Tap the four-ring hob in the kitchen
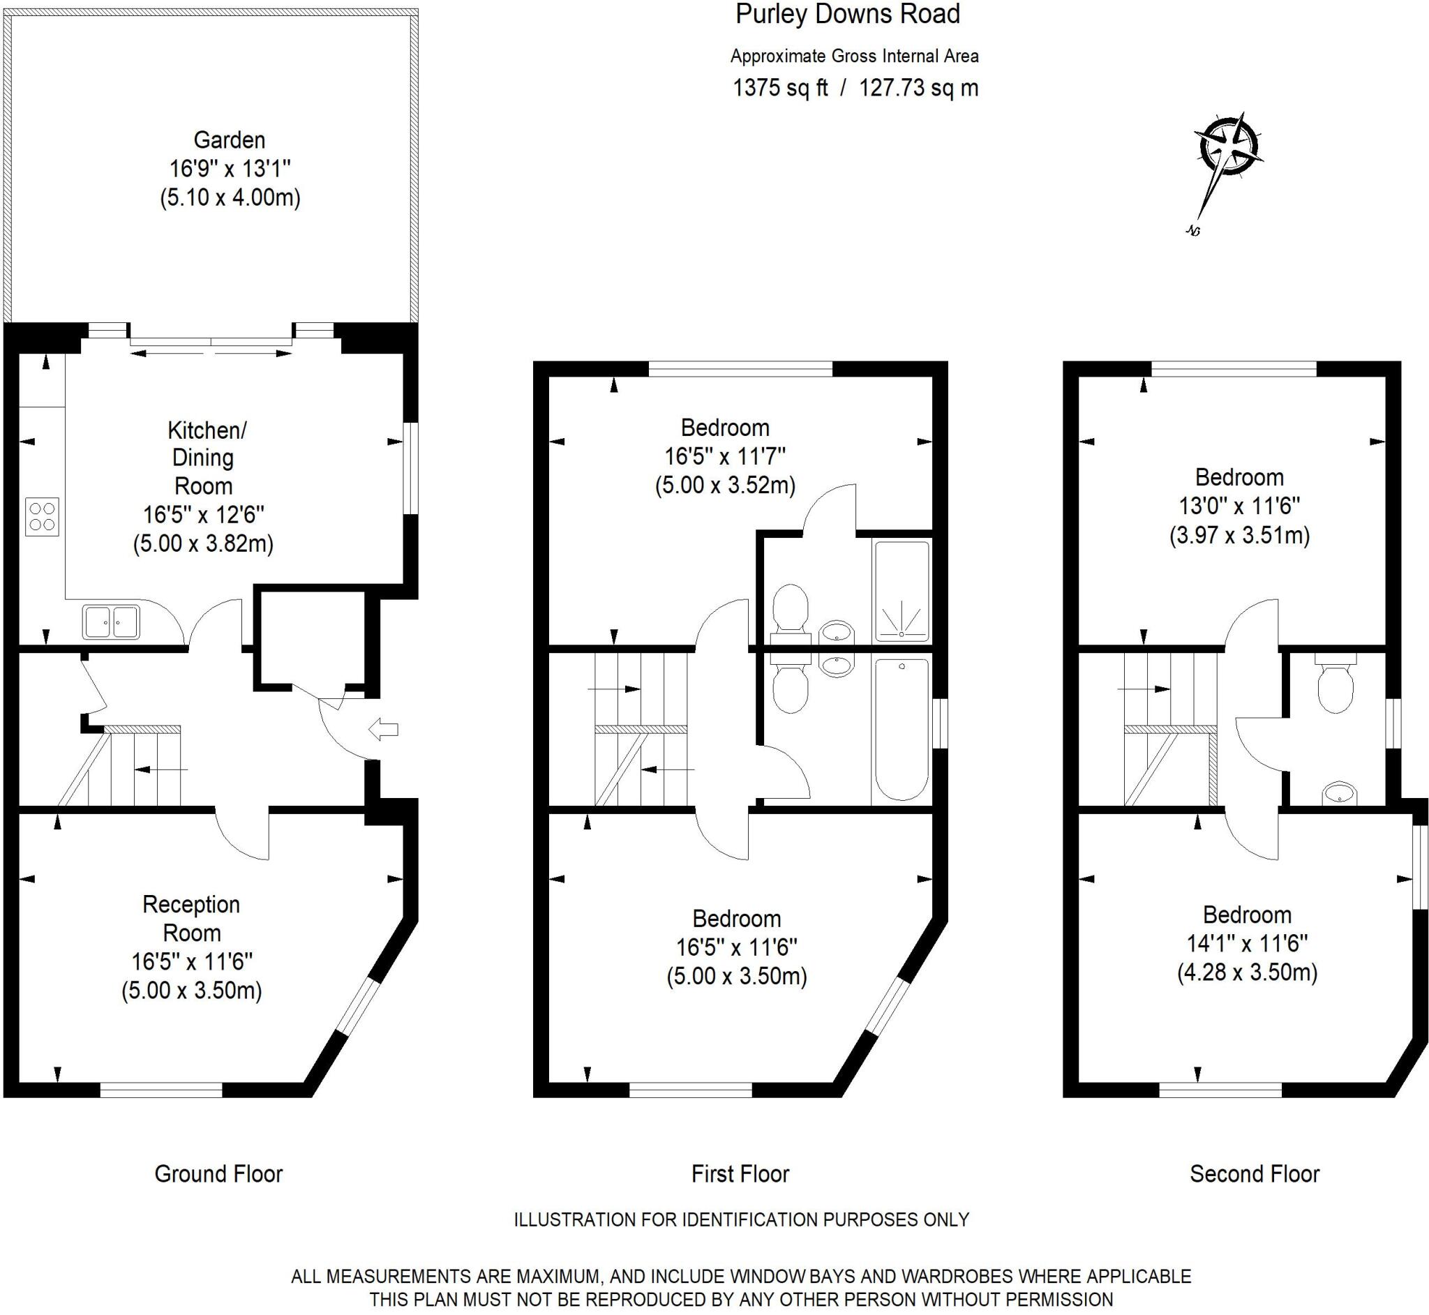pyautogui.click(x=41, y=517)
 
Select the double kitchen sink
pyautogui.click(x=111, y=622)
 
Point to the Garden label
pyautogui.click(x=229, y=140)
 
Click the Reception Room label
pyautogui.click(x=191, y=918)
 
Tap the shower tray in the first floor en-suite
pyautogui.click(x=901, y=590)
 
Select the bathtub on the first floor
pyautogui.click(x=901, y=730)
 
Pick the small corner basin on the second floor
pyautogui.click(x=1338, y=793)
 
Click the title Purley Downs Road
pyautogui.click(x=847, y=14)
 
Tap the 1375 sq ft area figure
pyautogui.click(x=780, y=88)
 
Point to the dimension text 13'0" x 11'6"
pyautogui.click(x=1239, y=506)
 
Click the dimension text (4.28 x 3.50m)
pyautogui.click(x=1247, y=972)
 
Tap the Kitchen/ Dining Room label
pyautogui.click(x=204, y=458)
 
